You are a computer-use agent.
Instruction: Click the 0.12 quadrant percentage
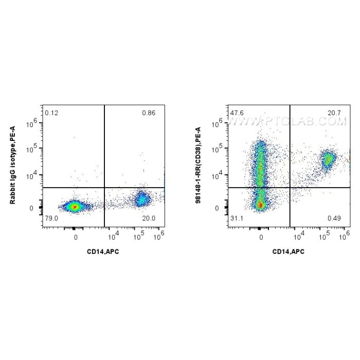pyautogui.click(x=50, y=113)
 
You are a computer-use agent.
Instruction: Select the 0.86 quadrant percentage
pyautogui.click(x=148, y=113)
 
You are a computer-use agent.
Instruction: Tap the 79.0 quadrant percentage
pyautogui.click(x=50, y=218)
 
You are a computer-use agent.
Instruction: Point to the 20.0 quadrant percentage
pyautogui.click(x=148, y=218)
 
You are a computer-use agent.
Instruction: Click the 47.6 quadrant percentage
pyautogui.click(x=237, y=113)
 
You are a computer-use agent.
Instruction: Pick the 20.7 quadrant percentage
pyautogui.click(x=334, y=113)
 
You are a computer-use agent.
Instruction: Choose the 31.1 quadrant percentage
pyautogui.click(x=237, y=218)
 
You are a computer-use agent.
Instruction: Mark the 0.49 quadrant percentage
pyautogui.click(x=334, y=218)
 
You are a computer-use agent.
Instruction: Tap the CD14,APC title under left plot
pyautogui.click(x=103, y=251)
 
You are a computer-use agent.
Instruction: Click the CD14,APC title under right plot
pyautogui.click(x=289, y=251)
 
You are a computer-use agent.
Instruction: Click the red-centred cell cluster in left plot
pyautogui.click(x=75, y=207)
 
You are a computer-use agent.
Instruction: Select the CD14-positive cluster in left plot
pyautogui.click(x=140, y=199)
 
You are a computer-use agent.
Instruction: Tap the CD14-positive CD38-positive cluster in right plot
pyautogui.click(x=327, y=158)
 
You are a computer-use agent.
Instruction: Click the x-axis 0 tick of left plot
pyautogui.click(x=75, y=237)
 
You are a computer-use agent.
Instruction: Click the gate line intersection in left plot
pyautogui.click(x=104, y=188)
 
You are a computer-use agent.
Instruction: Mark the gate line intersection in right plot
pyautogui.click(x=290, y=188)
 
